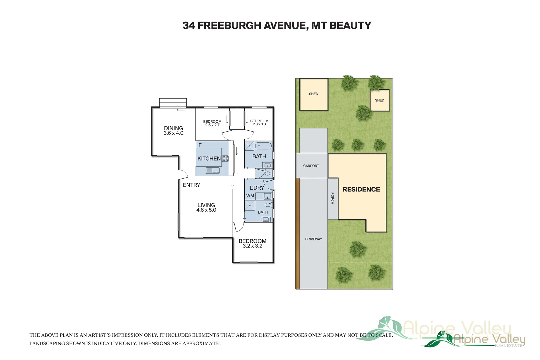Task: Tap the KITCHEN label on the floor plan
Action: pos(209,159)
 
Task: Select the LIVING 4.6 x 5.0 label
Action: pos(206,207)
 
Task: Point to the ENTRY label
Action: pos(191,185)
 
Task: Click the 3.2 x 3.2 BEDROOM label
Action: pos(252,243)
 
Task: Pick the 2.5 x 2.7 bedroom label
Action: pos(212,123)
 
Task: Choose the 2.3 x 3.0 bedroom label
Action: pos(259,123)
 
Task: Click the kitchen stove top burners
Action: pos(225,159)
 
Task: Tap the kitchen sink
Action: pos(213,171)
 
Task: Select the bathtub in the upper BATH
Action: pos(263,146)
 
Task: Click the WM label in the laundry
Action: pos(250,196)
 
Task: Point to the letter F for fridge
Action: pos(200,145)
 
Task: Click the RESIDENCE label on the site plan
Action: pos(361,189)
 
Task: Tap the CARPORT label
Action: pos(311,166)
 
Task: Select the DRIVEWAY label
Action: pos(313,239)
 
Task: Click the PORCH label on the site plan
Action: pos(332,198)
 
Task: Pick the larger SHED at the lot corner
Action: pos(314,94)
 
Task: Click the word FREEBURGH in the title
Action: pos(229,26)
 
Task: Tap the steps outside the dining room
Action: pos(173,102)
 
